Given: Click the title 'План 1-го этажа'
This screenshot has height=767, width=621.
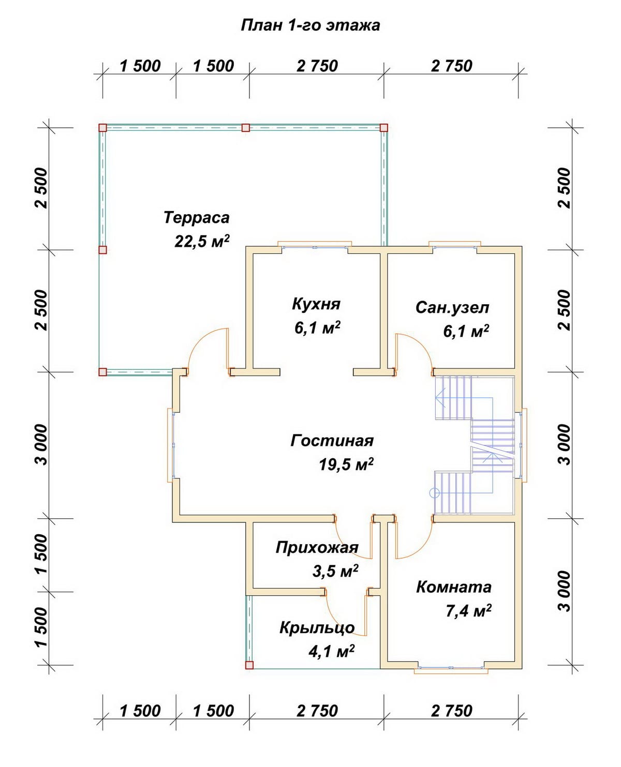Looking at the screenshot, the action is point(310,25).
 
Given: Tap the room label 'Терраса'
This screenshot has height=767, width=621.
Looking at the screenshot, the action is point(196,218).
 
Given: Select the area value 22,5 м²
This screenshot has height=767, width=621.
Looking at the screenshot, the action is point(202,241).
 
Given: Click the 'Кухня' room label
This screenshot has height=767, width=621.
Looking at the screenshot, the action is point(316,304).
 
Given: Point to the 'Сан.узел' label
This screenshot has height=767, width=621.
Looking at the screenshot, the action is point(452,308).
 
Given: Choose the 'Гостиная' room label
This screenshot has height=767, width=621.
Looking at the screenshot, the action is point(332,441).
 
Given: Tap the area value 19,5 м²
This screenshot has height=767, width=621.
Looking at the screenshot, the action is point(346,464).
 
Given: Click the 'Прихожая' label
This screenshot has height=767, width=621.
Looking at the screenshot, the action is point(317,548).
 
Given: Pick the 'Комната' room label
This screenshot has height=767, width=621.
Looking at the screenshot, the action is point(454,588).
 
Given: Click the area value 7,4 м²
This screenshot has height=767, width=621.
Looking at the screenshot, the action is point(469,611).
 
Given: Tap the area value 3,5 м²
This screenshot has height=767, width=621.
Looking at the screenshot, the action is point(335,571).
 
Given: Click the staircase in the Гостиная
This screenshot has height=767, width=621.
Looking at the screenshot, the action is point(474,446).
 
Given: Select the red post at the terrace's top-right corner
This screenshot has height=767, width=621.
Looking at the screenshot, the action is point(383,127).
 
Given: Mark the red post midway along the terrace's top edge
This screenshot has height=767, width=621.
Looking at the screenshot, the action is point(246,127).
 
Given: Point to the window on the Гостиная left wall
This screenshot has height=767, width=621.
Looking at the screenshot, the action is point(170,445).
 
